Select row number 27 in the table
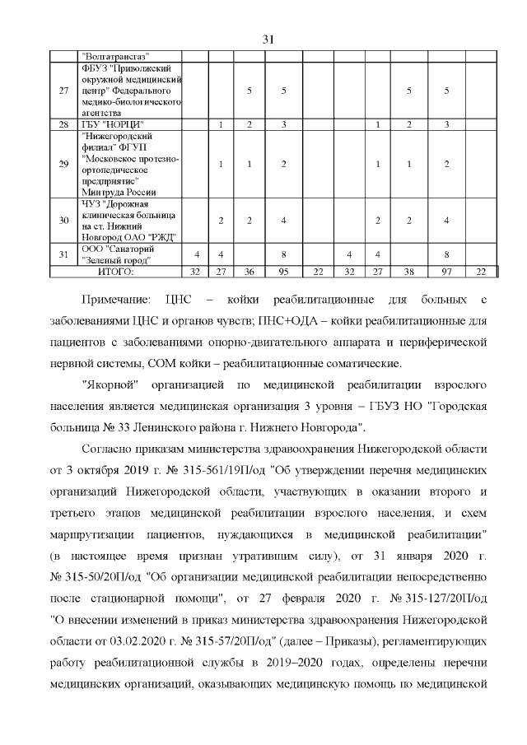tap(63, 90)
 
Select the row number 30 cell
tap(63, 220)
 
